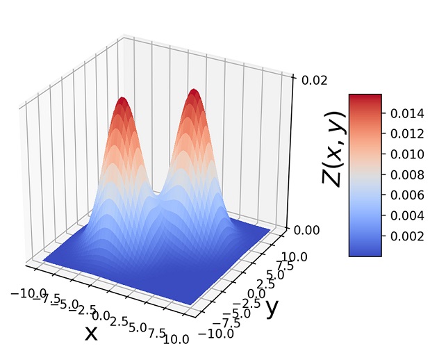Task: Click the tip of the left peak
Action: point(123,99)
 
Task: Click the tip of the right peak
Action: point(195,91)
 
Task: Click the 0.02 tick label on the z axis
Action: point(314,79)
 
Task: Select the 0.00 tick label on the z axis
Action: point(314,229)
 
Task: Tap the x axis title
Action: point(91,334)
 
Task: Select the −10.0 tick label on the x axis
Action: point(30,293)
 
